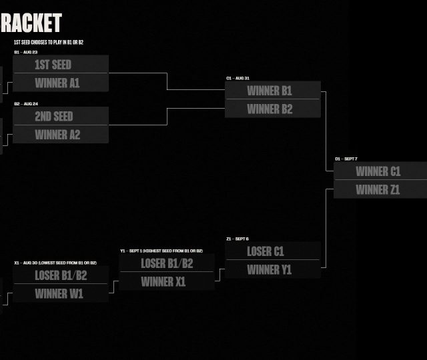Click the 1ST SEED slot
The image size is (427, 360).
click(x=61, y=65)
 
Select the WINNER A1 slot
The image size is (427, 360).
click(x=61, y=83)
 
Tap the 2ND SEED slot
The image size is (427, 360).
click(x=61, y=116)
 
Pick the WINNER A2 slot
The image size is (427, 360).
click(x=61, y=135)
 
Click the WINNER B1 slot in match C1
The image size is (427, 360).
click(x=273, y=91)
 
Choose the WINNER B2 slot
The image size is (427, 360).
click(x=273, y=109)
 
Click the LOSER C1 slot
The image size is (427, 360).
click(x=273, y=251)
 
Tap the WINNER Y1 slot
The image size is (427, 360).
click(x=273, y=269)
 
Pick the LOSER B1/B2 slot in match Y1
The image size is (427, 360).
click(x=167, y=263)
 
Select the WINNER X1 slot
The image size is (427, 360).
click(x=167, y=281)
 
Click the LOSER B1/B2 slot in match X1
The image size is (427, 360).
click(x=61, y=275)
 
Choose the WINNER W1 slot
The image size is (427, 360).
click(x=61, y=293)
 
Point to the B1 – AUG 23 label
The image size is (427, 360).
click(x=26, y=52)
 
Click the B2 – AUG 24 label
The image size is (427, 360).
click(x=26, y=104)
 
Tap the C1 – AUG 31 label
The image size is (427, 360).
click(x=238, y=79)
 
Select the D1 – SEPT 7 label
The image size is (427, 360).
click(x=346, y=159)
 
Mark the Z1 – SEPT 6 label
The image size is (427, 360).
click(x=237, y=239)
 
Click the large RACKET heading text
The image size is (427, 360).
click(x=31, y=23)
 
